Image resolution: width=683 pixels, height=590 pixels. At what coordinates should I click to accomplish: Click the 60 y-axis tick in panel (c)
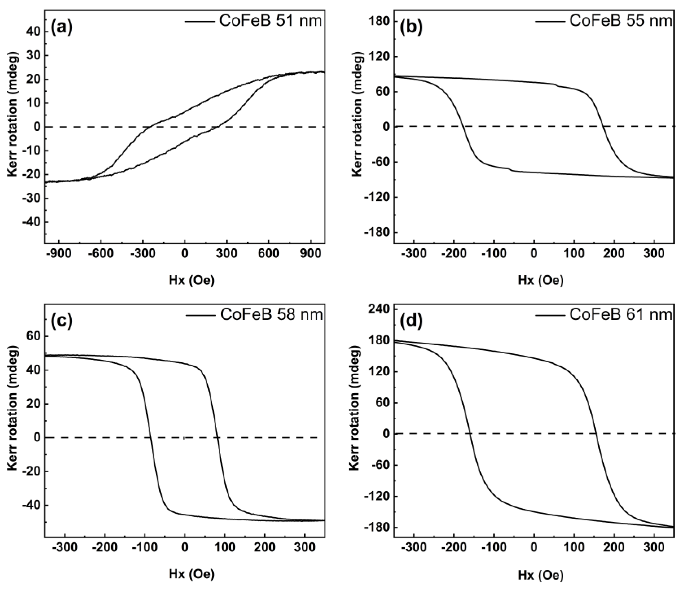pyautogui.click(x=34, y=337)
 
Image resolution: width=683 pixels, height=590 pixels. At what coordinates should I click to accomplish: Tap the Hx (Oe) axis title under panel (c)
pyautogui.click(x=192, y=574)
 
